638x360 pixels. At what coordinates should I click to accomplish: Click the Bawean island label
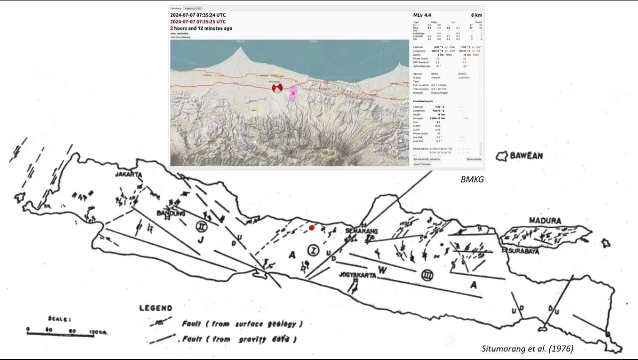[526, 156]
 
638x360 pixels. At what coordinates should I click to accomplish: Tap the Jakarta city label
[129, 175]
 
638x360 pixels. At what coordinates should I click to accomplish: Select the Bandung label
[171, 213]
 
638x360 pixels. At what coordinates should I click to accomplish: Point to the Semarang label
[362, 231]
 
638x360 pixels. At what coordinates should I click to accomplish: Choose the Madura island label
[545, 221]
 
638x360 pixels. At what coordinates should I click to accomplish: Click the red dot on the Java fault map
[312, 228]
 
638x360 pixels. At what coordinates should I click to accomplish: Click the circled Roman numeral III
[427, 275]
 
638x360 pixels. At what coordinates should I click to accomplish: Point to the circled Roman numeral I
[313, 250]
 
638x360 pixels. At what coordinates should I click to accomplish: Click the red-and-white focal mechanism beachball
[277, 88]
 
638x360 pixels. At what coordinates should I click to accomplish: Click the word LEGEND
[156, 308]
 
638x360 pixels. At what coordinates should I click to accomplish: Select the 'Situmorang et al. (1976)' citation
[527, 349]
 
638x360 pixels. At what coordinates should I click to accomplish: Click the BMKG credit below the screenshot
[472, 179]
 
